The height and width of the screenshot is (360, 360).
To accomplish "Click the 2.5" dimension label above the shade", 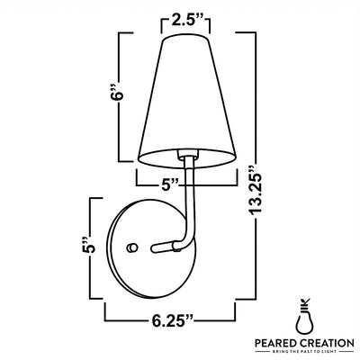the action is (x=186, y=22).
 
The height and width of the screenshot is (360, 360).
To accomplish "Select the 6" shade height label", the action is (x=117, y=94).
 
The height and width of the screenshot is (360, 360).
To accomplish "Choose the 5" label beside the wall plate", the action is (x=88, y=245).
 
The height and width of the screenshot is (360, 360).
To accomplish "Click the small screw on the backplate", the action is (x=131, y=247).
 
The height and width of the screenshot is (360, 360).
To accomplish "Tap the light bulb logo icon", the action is (x=305, y=317).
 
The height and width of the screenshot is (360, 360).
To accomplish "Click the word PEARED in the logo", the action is (x=276, y=343).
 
